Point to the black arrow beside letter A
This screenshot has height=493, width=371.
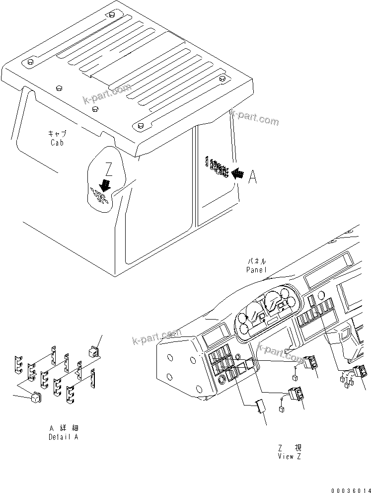click(x=238, y=173)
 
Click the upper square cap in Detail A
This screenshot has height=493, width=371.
click(x=93, y=350)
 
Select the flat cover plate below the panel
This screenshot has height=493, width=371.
click(x=260, y=406)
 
